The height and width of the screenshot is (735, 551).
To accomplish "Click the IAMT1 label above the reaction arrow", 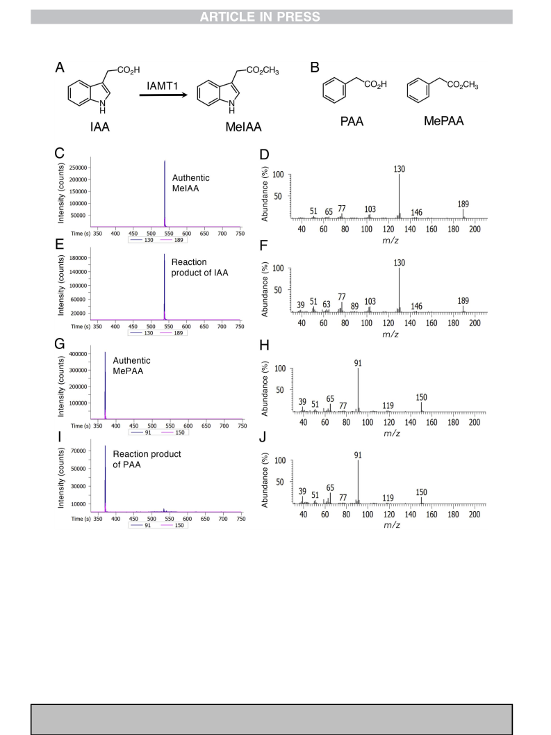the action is click(162, 86).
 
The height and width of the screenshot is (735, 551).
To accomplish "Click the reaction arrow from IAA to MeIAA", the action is click(163, 95).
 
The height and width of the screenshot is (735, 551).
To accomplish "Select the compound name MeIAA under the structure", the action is click(244, 127).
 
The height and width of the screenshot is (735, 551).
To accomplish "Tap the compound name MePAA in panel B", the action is click(444, 121).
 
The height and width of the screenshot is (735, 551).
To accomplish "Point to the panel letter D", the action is click(264, 154).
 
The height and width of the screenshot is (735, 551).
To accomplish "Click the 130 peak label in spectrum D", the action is click(400, 169).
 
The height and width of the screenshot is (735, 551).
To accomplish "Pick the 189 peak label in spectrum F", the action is click(463, 301).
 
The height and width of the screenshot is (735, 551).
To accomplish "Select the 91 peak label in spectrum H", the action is click(358, 363).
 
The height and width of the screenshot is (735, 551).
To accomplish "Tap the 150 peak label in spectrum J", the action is click(421, 492).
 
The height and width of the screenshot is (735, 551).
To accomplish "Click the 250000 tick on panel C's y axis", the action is click(77, 168).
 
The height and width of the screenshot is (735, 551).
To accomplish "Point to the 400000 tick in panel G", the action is click(78, 354).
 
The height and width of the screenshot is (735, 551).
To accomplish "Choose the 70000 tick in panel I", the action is click(79, 451).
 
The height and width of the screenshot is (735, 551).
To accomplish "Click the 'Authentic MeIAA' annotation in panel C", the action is click(190, 183).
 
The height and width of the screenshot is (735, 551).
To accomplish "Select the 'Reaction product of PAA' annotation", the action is click(147, 460).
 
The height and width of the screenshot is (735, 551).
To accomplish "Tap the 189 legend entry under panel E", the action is click(172, 333).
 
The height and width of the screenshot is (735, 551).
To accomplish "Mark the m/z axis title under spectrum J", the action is click(392, 525).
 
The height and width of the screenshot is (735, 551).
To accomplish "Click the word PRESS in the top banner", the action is click(298, 17).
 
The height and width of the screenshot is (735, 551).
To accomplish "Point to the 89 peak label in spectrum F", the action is click(354, 306).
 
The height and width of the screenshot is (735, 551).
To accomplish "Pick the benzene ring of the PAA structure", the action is click(334, 90).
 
